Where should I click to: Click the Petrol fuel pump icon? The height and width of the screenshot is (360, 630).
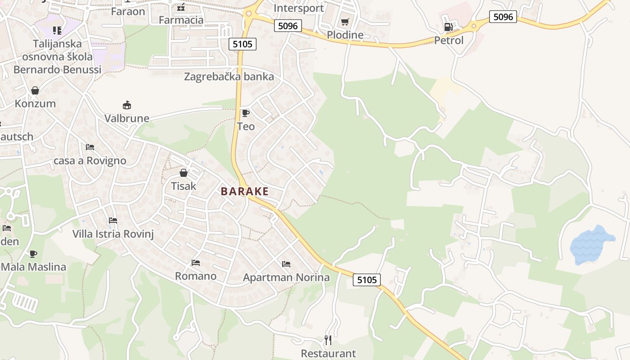coord(448,27)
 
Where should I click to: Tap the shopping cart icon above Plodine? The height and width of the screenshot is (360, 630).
coord(345,22)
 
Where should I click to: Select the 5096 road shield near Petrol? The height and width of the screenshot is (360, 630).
coord(503,17)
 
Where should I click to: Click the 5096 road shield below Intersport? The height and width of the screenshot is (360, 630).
coord(288,26)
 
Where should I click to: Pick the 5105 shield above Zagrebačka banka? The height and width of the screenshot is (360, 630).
coord(243,44)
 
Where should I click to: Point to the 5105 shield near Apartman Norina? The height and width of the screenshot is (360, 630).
coord(366,280)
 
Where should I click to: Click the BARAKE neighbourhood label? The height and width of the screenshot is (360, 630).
coord(244,191)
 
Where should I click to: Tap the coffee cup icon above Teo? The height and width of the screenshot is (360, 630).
coord(245,113)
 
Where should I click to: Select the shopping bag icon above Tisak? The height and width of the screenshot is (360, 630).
coord(184,172)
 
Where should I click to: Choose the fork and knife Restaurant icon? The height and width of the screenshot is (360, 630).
coord(328,340)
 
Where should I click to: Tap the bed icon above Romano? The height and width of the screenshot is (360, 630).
coord(195,262)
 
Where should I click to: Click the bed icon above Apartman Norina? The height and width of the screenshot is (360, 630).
coord(286,264)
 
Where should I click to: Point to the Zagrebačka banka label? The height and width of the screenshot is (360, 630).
coord(229,76)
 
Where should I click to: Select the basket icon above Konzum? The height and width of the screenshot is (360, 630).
coord(35,90)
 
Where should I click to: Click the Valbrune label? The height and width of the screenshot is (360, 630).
coord(126,118)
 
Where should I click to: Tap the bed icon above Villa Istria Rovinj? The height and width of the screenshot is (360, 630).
coord(113,220)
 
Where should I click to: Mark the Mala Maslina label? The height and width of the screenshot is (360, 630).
coord(33,267)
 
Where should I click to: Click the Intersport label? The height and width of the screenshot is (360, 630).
coord(298,8)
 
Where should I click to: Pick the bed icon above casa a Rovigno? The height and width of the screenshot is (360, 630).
coord(90,147)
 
